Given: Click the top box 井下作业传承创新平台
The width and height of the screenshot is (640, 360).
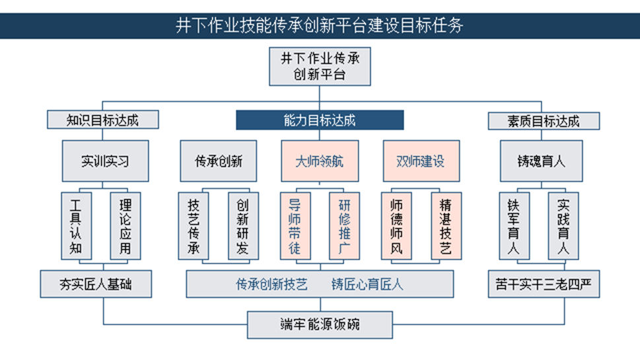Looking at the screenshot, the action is pos(320,66).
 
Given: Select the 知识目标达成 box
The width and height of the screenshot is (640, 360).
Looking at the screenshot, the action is pos(103,120).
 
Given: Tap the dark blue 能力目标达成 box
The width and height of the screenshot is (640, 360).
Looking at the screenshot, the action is pos(320,120).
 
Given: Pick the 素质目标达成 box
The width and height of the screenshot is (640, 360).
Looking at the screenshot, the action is pos(544,121).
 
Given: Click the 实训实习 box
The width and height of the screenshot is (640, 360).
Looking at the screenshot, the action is pos(105,161).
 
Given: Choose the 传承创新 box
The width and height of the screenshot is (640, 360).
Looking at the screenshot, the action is pos(219,161).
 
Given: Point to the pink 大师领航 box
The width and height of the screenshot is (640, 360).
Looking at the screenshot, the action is pos(320,161).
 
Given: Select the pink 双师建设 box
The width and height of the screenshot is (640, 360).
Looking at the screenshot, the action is pos(421,161).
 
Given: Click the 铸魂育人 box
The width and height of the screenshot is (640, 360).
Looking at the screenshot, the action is pos(541,161).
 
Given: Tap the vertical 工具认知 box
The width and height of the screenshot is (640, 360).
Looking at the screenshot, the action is pos(77,226).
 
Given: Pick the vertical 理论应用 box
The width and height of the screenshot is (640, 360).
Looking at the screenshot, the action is pos(125,226).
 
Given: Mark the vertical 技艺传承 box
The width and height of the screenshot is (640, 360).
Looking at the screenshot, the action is pos(194,226).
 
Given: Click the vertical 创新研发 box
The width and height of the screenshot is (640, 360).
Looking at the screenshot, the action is pos(243,226).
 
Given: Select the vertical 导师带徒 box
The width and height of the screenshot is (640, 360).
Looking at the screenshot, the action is pos(295,226).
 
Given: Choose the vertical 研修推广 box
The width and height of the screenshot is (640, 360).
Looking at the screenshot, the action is pos(344,226).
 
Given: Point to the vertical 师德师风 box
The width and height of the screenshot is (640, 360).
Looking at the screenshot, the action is pos(396,226).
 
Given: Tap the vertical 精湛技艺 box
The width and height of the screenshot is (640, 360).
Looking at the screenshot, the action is pos(446,226).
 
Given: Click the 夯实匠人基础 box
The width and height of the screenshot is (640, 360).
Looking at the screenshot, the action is pos(96,283).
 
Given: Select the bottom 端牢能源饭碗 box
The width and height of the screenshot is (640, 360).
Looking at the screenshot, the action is pos(320,325).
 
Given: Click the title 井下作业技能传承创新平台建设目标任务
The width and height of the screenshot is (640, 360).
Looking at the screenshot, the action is pos(320,25).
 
